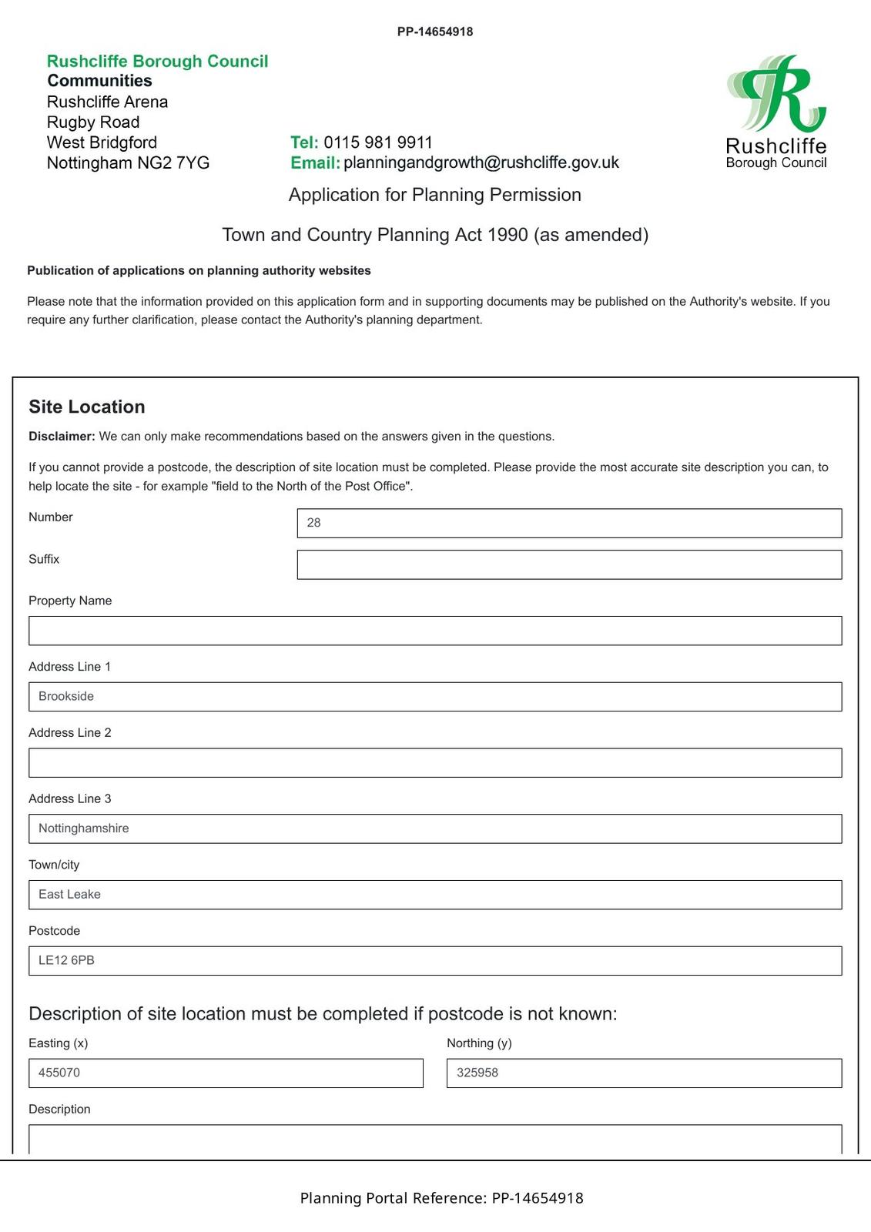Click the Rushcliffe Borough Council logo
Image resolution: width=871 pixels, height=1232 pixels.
tap(776, 111)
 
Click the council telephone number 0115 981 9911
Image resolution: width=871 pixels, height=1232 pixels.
tap(377, 142)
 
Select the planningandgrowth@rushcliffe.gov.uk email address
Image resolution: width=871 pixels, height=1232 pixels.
tap(481, 162)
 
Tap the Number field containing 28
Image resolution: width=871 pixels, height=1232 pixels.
tap(569, 523)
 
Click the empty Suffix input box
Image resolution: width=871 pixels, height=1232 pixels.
tap(569, 564)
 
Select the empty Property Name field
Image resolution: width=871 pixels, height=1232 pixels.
tap(435, 631)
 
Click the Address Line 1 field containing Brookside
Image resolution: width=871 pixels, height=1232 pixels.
tap(435, 697)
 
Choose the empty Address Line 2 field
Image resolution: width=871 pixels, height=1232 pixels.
tap(435, 763)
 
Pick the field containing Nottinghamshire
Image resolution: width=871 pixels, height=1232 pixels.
tap(435, 829)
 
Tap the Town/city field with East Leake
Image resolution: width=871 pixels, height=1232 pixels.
tap(435, 895)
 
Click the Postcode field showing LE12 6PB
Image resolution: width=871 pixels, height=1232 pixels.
tap(435, 961)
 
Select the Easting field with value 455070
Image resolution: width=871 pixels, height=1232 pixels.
tap(226, 1073)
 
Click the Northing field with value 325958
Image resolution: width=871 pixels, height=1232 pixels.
tap(644, 1073)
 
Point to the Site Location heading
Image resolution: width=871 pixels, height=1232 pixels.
tap(87, 407)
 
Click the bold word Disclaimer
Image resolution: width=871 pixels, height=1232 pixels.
tap(62, 437)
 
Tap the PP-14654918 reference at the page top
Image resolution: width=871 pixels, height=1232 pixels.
tap(435, 32)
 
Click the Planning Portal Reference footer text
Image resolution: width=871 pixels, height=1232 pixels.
tap(441, 1198)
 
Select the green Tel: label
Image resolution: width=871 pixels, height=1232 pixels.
tap(304, 142)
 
